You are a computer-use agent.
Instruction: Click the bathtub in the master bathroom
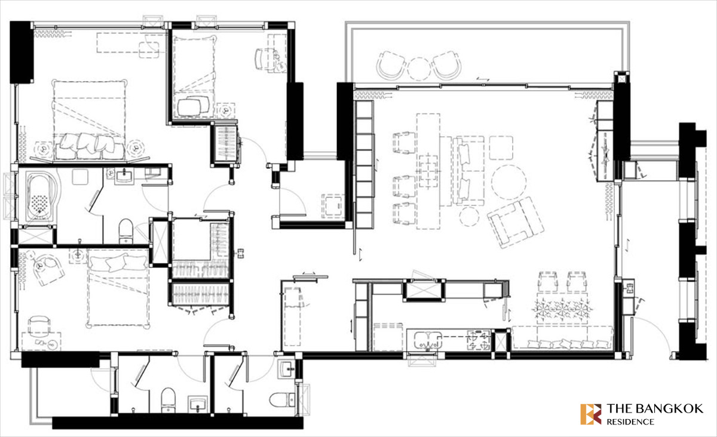41,196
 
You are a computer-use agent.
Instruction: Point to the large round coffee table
509,182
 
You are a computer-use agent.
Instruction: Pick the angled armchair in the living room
515,222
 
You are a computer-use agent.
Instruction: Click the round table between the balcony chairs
419,69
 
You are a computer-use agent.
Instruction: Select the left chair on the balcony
392,67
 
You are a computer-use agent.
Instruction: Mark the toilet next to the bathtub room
126,230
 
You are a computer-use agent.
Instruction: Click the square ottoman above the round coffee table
501,148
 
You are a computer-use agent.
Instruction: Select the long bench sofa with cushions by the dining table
562,338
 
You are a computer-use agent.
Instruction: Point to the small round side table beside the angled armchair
469,217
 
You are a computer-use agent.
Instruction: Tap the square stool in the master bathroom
80,177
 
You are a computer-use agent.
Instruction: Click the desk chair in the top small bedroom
266,59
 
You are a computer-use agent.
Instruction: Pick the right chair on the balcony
446,67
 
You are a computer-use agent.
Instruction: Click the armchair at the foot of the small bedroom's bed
194,106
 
